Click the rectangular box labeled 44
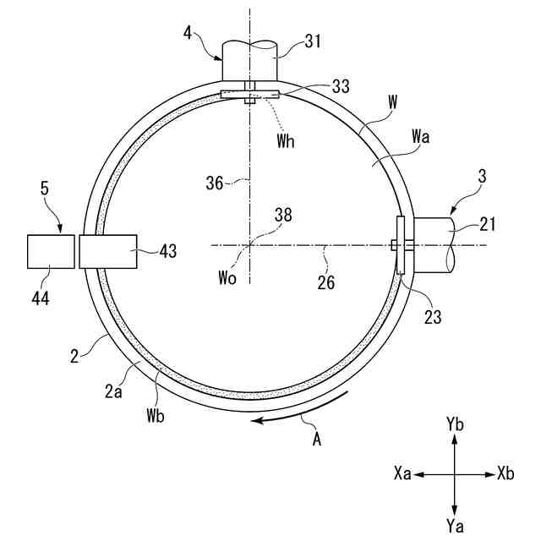pos(51,251)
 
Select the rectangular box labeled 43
pos(107,251)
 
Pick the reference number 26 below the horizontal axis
pos(325,281)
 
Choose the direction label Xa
pos(402,474)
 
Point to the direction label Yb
pos(455,425)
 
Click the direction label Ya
pos(455,526)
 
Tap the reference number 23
pos(433,317)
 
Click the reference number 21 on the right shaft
pos(488,225)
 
